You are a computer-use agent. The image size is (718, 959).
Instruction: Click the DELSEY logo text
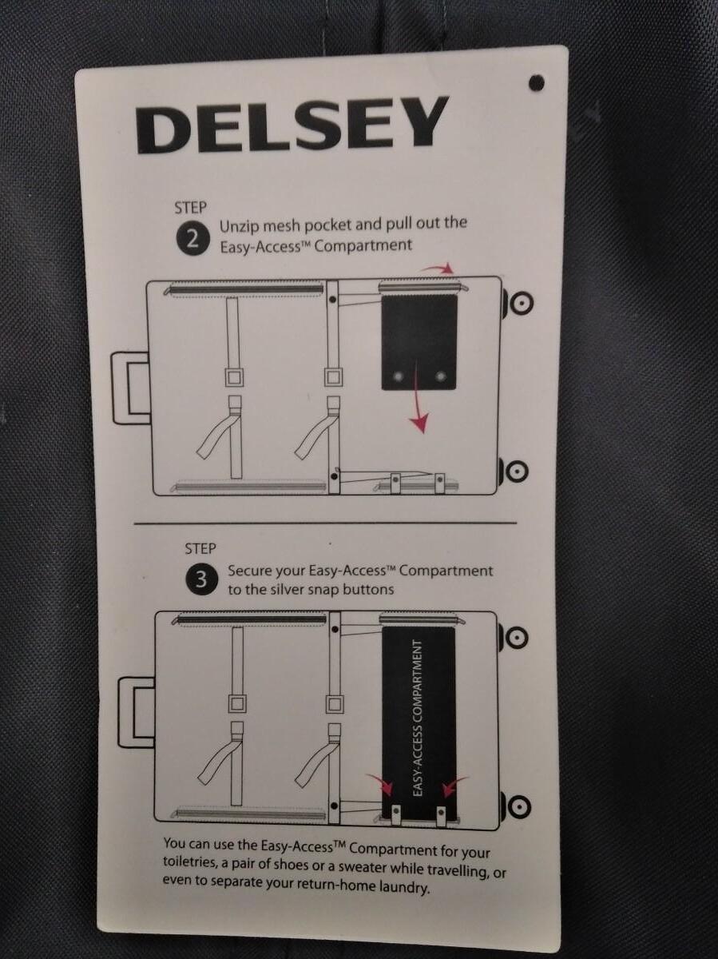point(292,124)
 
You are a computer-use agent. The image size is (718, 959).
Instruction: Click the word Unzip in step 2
point(239,227)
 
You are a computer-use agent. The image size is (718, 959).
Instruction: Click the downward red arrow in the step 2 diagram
point(419,397)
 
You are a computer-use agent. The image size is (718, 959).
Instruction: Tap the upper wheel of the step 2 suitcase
point(520,303)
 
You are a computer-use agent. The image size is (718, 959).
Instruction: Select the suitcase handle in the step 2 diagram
point(130,388)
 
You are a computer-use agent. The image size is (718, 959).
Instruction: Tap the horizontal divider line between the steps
point(325,523)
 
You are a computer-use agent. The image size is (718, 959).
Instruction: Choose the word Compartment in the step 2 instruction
point(363,245)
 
